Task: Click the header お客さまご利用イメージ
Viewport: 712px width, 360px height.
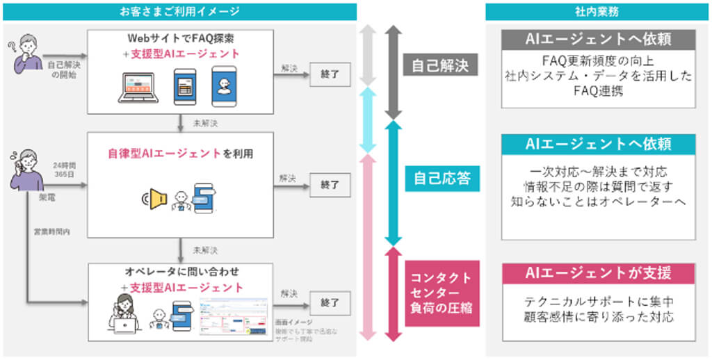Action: (x=179, y=11)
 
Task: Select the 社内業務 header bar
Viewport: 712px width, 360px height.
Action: (x=598, y=11)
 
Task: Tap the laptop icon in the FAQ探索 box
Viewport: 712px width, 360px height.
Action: (x=140, y=87)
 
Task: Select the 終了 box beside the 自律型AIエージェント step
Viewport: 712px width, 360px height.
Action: (x=330, y=185)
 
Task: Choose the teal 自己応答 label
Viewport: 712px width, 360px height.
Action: (x=439, y=179)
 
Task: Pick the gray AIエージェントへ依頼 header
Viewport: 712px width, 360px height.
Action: (x=598, y=39)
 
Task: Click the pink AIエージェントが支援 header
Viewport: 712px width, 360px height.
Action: (x=598, y=273)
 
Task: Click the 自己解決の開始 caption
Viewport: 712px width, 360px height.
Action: (x=60, y=69)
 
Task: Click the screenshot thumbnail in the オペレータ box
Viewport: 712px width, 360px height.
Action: (x=233, y=316)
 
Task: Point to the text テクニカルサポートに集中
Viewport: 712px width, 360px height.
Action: (x=598, y=302)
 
